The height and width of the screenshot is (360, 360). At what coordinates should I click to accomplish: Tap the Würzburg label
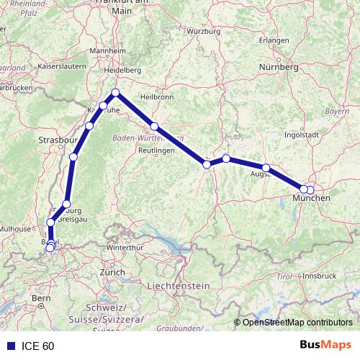point(202,32)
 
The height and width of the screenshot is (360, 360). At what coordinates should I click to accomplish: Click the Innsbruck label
point(320,275)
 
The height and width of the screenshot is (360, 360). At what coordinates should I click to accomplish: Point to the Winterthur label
point(124,248)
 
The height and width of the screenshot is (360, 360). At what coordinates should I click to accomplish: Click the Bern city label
point(41,297)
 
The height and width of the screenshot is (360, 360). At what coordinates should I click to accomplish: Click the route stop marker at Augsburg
point(266,168)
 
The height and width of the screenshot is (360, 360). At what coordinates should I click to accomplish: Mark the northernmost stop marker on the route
point(115,92)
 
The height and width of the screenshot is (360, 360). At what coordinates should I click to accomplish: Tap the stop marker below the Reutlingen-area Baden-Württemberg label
point(154,126)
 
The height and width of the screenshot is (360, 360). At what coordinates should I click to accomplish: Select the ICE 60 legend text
point(37,346)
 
